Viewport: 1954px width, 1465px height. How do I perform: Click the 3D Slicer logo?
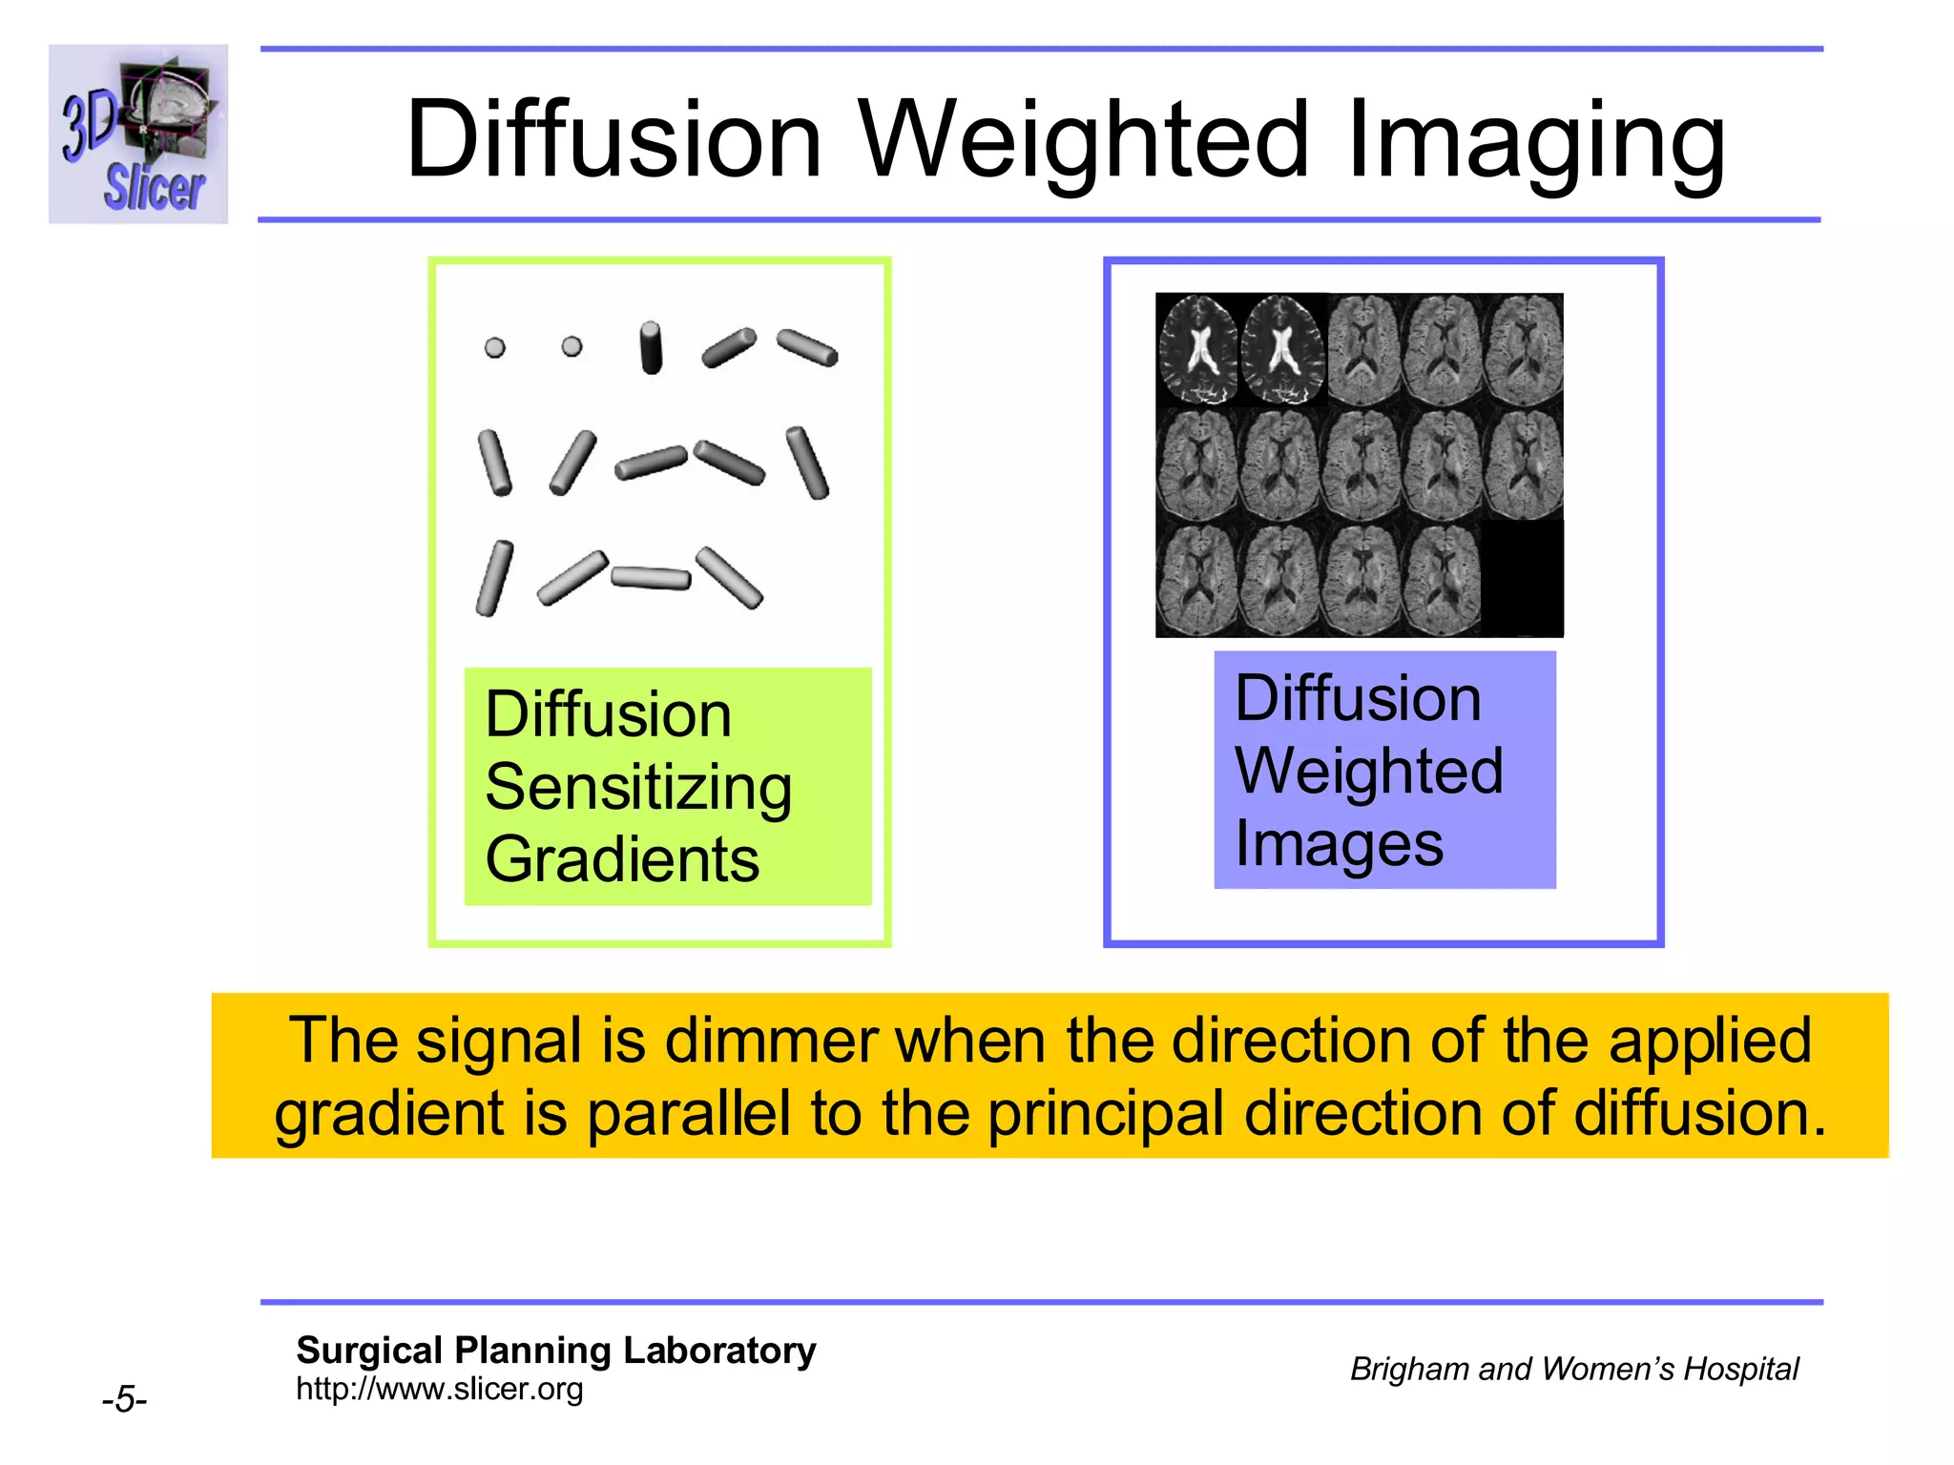(x=138, y=134)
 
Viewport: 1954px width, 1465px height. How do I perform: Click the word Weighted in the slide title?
(x=1084, y=140)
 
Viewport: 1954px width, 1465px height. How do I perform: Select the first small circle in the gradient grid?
(x=494, y=347)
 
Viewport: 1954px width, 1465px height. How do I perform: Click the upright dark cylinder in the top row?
(x=651, y=347)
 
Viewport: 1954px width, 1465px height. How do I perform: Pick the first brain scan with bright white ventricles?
(x=1197, y=350)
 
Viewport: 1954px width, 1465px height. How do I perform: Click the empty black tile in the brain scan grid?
(x=1523, y=578)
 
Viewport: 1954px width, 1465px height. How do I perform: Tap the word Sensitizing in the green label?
(x=638, y=788)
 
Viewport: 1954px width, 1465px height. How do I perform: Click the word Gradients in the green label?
(x=622, y=860)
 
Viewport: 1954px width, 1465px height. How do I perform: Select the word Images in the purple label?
(x=1339, y=845)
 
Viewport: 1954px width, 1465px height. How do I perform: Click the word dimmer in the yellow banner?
(x=771, y=1041)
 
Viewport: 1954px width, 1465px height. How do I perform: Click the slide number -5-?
(x=124, y=1400)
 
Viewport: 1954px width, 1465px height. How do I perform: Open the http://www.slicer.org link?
(x=439, y=1389)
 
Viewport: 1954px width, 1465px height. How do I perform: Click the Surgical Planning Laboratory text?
(x=555, y=1351)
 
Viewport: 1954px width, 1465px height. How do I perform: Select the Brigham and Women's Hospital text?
(x=1573, y=1369)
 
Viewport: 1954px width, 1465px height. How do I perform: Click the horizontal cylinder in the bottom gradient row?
(x=651, y=578)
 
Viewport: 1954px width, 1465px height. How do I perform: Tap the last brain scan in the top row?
(x=1525, y=350)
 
